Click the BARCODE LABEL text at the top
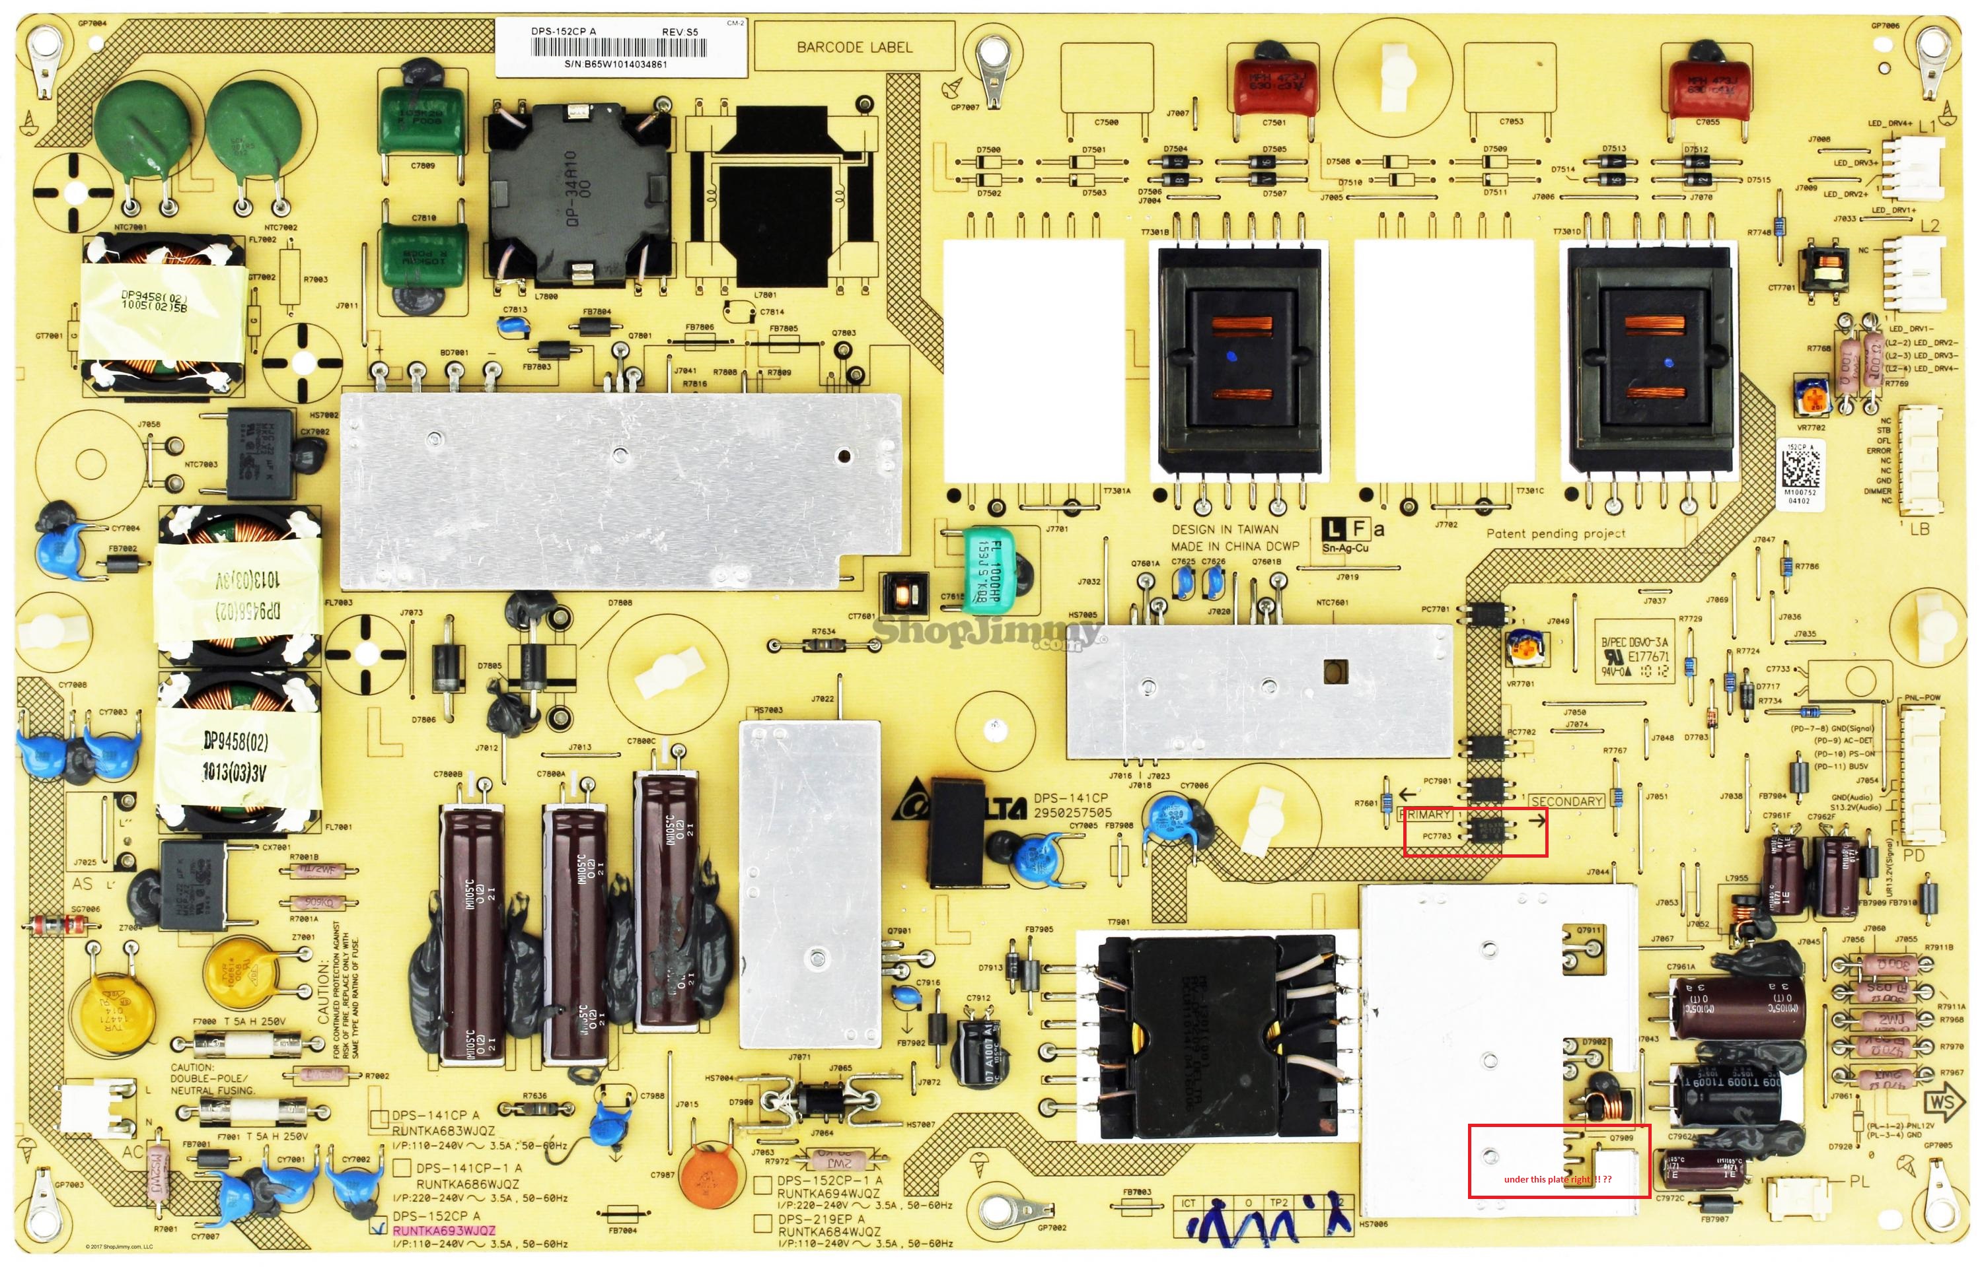click(854, 48)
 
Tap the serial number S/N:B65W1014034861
click(616, 64)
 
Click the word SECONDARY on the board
click(1566, 802)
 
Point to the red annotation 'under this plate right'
click(1557, 1180)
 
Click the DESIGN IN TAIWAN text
click(1225, 530)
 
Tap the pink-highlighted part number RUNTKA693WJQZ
click(445, 1231)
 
